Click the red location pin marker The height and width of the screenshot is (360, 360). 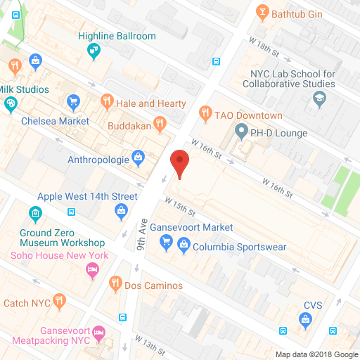point(181,162)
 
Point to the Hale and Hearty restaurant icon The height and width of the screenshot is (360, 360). point(107,103)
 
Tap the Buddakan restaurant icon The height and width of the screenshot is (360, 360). point(160,124)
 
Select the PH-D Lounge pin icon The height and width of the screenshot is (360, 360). point(241,130)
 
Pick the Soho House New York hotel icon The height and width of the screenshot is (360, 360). point(91,271)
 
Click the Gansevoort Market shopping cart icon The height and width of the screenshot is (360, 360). point(167,243)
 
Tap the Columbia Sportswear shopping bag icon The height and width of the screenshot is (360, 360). point(184,247)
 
